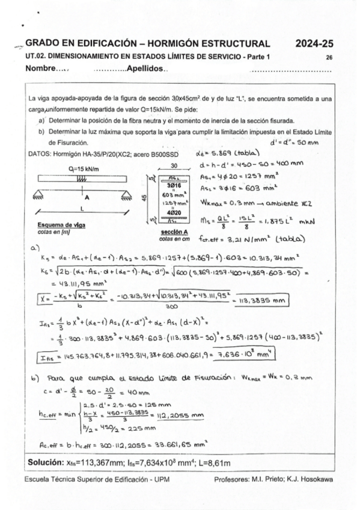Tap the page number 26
329,57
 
